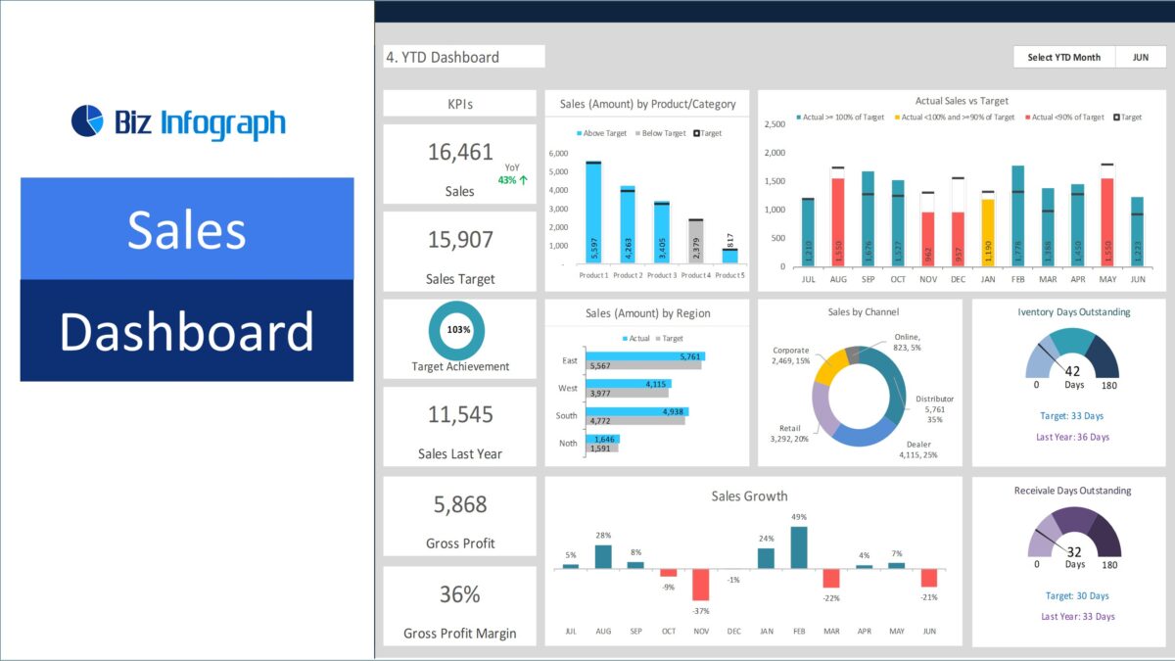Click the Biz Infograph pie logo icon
pos(87,120)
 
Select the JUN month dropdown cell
pos(1141,57)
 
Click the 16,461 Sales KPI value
pos(460,152)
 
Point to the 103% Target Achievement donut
pos(458,330)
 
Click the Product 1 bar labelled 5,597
pos(593,213)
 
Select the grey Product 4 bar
pos(695,242)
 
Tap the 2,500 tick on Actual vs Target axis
pos(774,124)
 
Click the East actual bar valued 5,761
pos(645,356)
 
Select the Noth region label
pos(568,443)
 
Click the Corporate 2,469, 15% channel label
pos(791,355)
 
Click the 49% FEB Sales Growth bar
pos(799,547)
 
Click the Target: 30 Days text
pos(1077,595)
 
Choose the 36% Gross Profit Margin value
pos(459,594)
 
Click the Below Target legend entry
pos(662,133)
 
